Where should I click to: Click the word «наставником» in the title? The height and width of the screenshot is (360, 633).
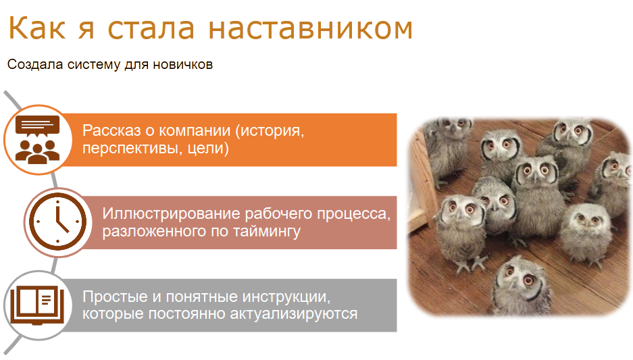[311, 28]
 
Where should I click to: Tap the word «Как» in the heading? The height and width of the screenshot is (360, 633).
[36, 28]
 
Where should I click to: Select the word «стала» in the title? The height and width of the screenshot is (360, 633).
[151, 28]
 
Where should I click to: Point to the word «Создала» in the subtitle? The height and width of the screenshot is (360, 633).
[35, 64]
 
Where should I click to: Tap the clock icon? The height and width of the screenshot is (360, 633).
[57, 222]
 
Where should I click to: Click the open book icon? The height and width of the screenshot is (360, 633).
[37, 305]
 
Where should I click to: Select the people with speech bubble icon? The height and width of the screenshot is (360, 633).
[38, 140]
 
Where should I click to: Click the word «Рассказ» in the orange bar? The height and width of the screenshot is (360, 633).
[112, 131]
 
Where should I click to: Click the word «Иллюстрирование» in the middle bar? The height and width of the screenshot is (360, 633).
[171, 214]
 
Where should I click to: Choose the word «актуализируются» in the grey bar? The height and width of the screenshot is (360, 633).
[294, 314]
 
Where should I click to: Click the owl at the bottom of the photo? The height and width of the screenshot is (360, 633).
[522, 287]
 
